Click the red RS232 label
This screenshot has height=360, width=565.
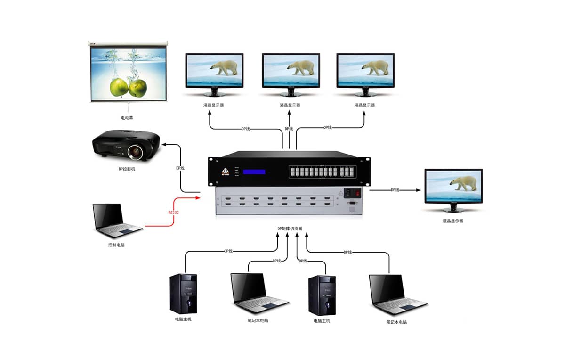click(173, 213)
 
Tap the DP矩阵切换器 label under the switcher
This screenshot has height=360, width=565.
click(290, 229)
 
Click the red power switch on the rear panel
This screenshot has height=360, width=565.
click(357, 192)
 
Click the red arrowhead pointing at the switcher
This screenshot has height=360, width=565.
click(198, 198)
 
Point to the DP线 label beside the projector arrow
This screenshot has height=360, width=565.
click(181, 168)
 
